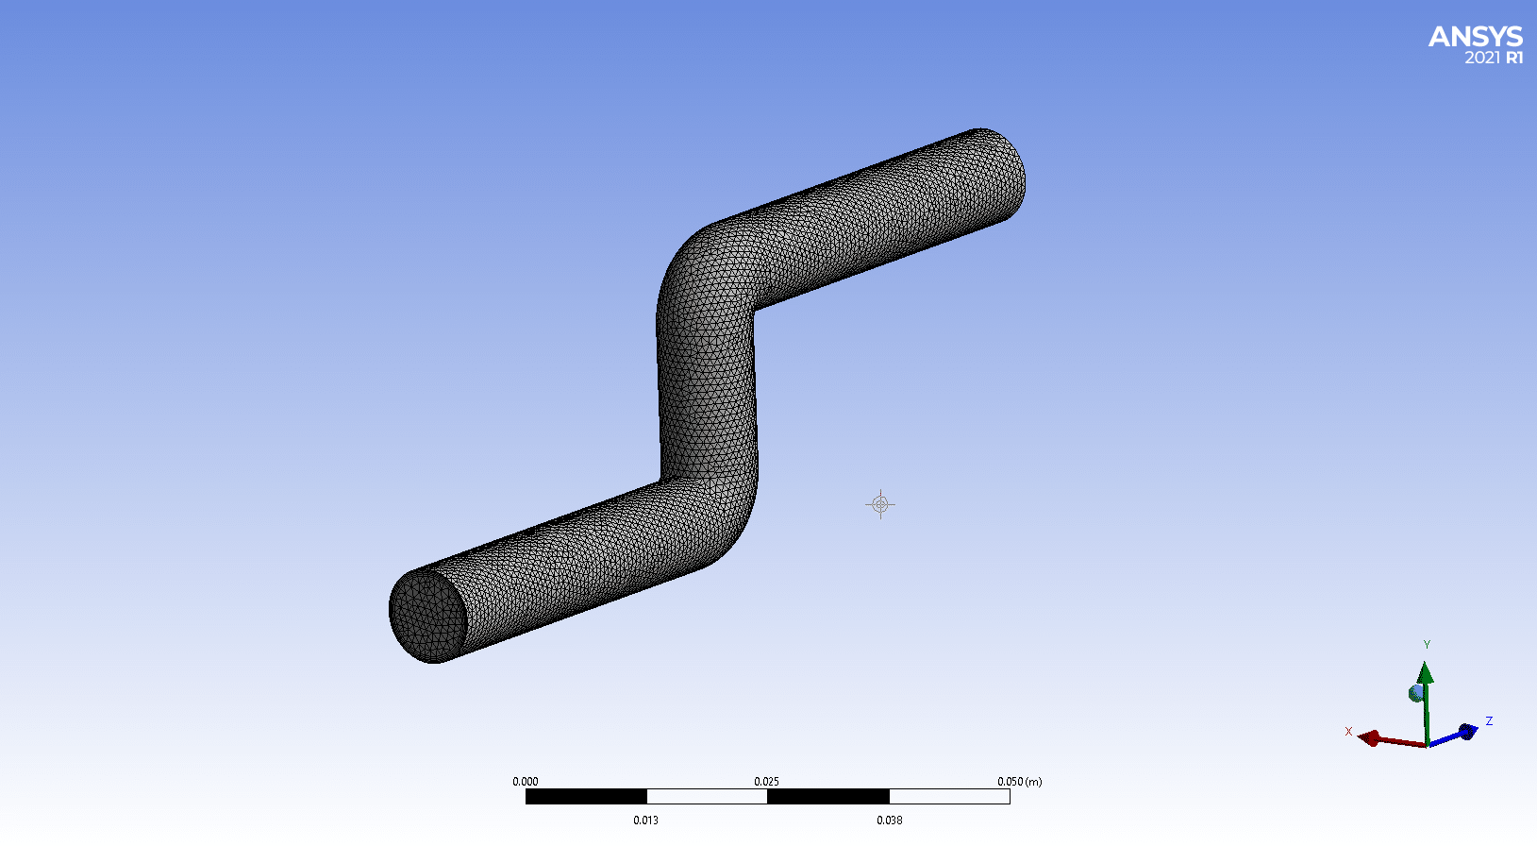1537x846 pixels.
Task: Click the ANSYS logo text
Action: pos(1476,37)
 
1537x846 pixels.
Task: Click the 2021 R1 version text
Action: pos(1494,59)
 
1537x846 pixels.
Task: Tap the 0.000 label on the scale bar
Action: pos(525,782)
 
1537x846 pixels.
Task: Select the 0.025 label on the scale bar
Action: pos(766,782)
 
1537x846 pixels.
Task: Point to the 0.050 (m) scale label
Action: pos(1020,782)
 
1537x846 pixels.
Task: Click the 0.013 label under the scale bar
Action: pos(645,820)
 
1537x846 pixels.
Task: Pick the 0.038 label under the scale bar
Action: pos(889,820)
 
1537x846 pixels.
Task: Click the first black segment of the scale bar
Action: pos(586,797)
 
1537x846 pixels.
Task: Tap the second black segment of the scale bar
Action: pos(828,797)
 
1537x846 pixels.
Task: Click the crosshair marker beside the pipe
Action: pos(880,505)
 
